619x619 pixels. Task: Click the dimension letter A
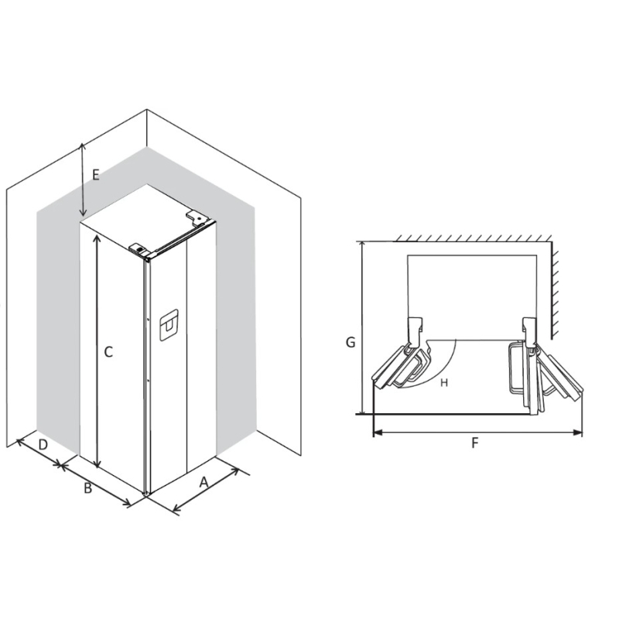pyautogui.click(x=203, y=482)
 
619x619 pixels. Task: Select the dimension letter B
pyautogui.click(x=88, y=488)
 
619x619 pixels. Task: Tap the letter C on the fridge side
pyautogui.click(x=108, y=352)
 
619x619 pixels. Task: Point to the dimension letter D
pyautogui.click(x=43, y=445)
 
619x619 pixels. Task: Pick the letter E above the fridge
pyautogui.click(x=95, y=175)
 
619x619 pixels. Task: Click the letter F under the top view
pyautogui.click(x=475, y=443)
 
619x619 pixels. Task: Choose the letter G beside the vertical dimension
pyautogui.click(x=351, y=342)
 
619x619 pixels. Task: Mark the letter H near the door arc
pyautogui.click(x=444, y=382)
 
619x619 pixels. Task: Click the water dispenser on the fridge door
pyautogui.click(x=169, y=325)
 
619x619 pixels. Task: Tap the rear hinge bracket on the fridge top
pyautogui.click(x=197, y=217)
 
